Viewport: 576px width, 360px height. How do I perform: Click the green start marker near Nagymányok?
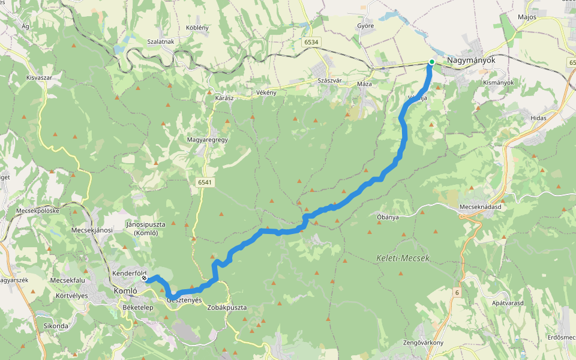(x=431, y=62)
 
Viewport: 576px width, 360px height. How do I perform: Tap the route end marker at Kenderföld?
(x=145, y=278)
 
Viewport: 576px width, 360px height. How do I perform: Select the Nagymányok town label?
(x=469, y=61)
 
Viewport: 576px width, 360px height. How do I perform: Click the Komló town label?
(x=126, y=291)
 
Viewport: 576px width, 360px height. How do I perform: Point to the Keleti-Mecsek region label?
(x=403, y=258)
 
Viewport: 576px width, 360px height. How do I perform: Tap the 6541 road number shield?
(x=206, y=181)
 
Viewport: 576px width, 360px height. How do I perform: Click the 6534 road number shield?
(x=311, y=42)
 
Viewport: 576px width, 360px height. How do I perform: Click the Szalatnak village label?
(x=160, y=41)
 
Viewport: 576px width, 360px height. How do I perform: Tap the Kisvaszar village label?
(x=40, y=78)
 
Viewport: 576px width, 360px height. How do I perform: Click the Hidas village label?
(x=538, y=118)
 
